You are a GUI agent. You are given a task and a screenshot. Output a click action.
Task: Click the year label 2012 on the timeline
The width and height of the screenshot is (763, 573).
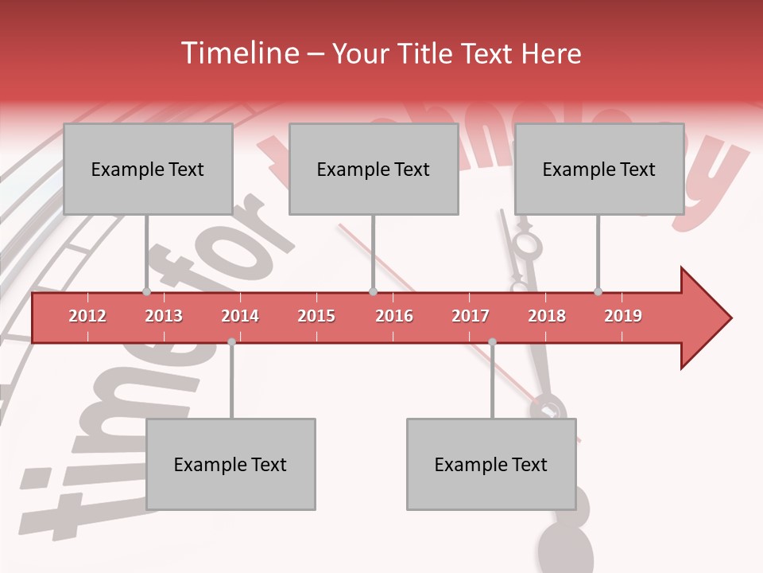87,316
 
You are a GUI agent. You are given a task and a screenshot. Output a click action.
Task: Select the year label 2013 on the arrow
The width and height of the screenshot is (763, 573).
164,316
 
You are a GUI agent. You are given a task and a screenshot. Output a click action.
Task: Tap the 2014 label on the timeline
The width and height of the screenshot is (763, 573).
240,316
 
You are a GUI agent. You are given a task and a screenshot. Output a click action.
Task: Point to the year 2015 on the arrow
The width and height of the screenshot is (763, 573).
316,316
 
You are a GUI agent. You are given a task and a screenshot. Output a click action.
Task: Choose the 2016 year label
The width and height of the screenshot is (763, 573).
394,316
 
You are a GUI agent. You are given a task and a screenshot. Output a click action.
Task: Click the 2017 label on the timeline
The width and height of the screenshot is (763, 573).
471,316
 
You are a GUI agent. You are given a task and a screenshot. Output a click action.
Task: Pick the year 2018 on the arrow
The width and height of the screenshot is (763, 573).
547,316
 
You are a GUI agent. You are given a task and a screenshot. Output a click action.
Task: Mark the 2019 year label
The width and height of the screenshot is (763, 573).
623,316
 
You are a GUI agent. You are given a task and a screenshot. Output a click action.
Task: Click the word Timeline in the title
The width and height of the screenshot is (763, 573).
238,53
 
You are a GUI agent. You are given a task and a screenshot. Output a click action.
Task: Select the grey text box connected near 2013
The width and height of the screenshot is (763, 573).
148,169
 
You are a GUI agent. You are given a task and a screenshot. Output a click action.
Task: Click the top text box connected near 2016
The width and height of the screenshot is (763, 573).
374,169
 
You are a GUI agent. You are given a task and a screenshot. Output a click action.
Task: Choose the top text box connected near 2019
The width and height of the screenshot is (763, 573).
599,169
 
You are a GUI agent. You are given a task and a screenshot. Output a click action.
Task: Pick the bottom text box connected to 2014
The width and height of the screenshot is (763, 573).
230,464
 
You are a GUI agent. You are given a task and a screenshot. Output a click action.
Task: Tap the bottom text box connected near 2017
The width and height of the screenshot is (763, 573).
491,464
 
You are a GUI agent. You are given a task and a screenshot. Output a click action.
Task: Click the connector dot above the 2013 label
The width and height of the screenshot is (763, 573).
146,292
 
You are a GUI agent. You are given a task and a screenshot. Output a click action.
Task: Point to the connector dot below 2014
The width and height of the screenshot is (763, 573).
231,341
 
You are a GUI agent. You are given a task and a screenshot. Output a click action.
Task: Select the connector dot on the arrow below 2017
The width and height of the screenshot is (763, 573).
492,341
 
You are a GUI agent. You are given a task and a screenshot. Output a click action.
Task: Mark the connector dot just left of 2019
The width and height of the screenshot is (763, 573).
598,292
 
